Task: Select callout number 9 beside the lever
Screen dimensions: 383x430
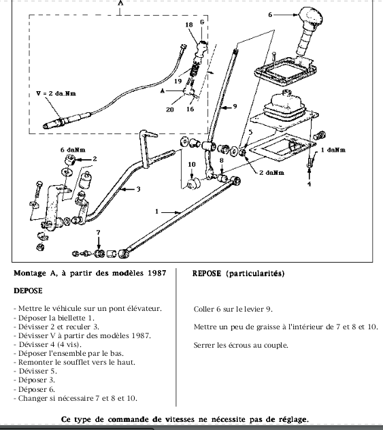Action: [235, 106]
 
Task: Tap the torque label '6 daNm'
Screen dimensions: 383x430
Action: [73, 150]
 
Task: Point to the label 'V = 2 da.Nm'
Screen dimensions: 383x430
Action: [56, 93]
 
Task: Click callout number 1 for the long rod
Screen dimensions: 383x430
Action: [156, 212]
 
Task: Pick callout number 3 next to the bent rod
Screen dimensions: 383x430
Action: [139, 189]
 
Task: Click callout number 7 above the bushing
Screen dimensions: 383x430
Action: [99, 232]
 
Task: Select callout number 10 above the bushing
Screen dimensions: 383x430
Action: [192, 164]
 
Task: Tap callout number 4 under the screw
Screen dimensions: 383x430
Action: [310, 184]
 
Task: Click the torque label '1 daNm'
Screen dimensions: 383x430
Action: [333, 150]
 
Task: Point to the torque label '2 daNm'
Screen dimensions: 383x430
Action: [271, 173]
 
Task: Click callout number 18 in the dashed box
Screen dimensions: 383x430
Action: [189, 24]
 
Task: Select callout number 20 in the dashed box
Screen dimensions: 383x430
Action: [170, 110]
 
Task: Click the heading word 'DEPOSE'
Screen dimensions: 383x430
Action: [28, 291]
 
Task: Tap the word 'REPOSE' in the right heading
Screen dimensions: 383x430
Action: [207, 274]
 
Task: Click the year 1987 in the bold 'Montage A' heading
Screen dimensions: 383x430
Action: [157, 273]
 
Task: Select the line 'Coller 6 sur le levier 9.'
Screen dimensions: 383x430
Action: [233, 309]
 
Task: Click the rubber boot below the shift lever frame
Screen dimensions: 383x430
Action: [284, 107]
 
